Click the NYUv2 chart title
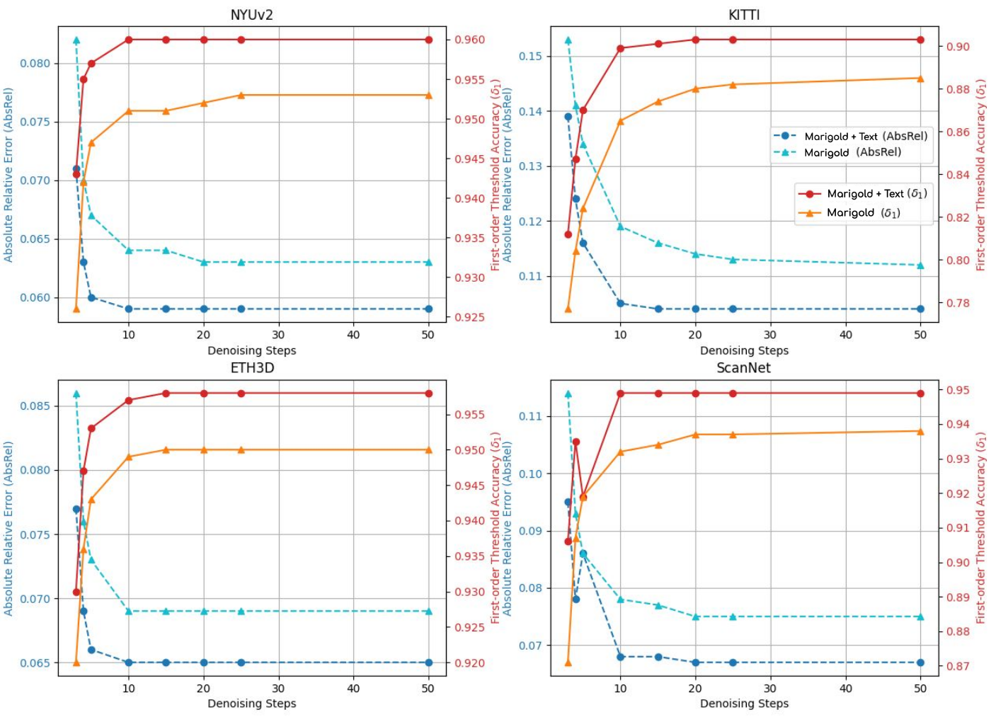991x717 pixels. (x=251, y=15)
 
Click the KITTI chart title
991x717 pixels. (x=743, y=15)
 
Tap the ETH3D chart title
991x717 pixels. (x=252, y=368)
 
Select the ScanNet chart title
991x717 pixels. (x=743, y=368)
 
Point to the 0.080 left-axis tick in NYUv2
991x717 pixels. (x=35, y=64)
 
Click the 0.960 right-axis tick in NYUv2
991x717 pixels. (x=470, y=40)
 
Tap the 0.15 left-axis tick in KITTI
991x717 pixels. (x=530, y=57)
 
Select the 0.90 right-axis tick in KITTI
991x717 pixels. (x=958, y=47)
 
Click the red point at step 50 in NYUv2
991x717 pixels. (x=428, y=40)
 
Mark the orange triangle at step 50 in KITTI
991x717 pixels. (x=920, y=79)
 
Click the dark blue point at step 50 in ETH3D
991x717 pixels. (x=428, y=662)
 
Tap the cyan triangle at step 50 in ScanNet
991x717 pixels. (x=920, y=616)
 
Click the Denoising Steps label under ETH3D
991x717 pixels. (x=251, y=704)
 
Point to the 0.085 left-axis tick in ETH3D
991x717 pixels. (x=35, y=406)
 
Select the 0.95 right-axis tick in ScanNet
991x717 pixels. (x=958, y=390)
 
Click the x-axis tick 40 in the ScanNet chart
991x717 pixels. (x=845, y=689)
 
